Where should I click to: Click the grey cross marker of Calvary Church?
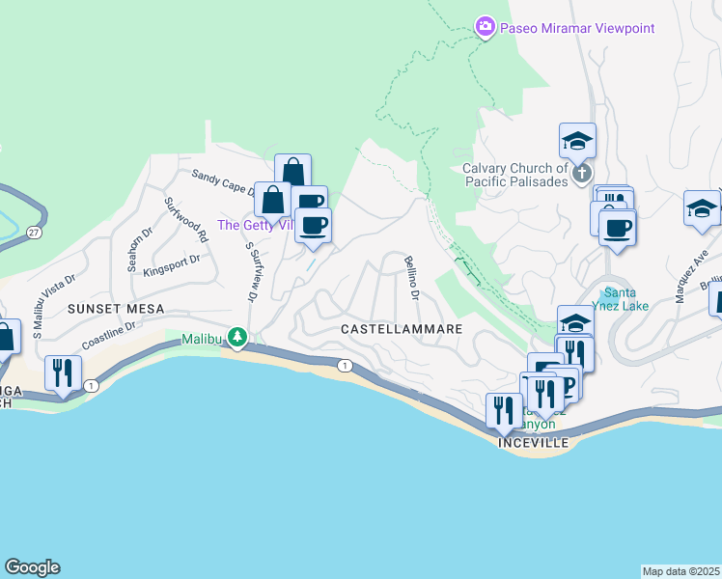pos(580,173)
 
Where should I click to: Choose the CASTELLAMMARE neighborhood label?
pos(402,329)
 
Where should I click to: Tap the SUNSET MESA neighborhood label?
pos(115,309)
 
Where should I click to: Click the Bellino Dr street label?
pos(411,276)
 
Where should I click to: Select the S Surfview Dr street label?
pos(252,273)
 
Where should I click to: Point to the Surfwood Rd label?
pos(186,220)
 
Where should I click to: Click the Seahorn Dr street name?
pos(134,249)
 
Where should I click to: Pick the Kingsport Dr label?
pos(172,265)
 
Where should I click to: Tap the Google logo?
pos(32,567)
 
